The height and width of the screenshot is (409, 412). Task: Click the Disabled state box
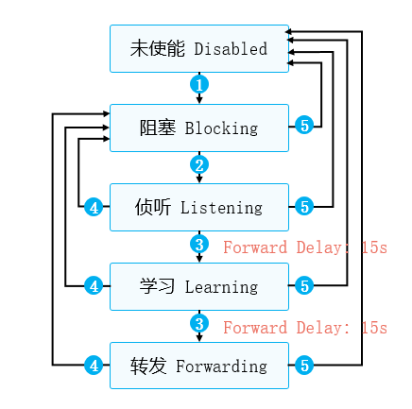click(x=199, y=49)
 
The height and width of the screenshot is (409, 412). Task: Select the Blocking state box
click(x=199, y=128)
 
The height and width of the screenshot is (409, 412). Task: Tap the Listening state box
click(x=199, y=207)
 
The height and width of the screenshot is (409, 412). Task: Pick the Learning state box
click(x=199, y=286)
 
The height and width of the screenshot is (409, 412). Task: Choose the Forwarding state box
click(x=199, y=366)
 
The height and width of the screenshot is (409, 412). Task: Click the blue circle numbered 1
click(x=198, y=84)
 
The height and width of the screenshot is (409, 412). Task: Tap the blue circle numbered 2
click(x=198, y=164)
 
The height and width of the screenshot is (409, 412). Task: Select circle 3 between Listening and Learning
click(x=198, y=245)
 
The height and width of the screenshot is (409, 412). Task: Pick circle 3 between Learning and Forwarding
click(x=198, y=324)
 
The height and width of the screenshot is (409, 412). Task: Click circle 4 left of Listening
click(x=93, y=207)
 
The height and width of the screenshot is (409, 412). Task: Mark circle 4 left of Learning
click(x=93, y=285)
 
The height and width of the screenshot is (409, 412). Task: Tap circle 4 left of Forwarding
click(x=93, y=365)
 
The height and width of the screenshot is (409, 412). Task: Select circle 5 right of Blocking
click(x=303, y=127)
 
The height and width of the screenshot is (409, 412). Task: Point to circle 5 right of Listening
click(x=303, y=207)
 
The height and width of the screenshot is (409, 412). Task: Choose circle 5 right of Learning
click(x=303, y=285)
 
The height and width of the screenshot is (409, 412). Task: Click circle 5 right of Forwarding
click(x=303, y=365)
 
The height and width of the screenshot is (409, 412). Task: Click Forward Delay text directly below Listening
click(x=304, y=248)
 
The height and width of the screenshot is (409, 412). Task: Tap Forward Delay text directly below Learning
click(x=304, y=328)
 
